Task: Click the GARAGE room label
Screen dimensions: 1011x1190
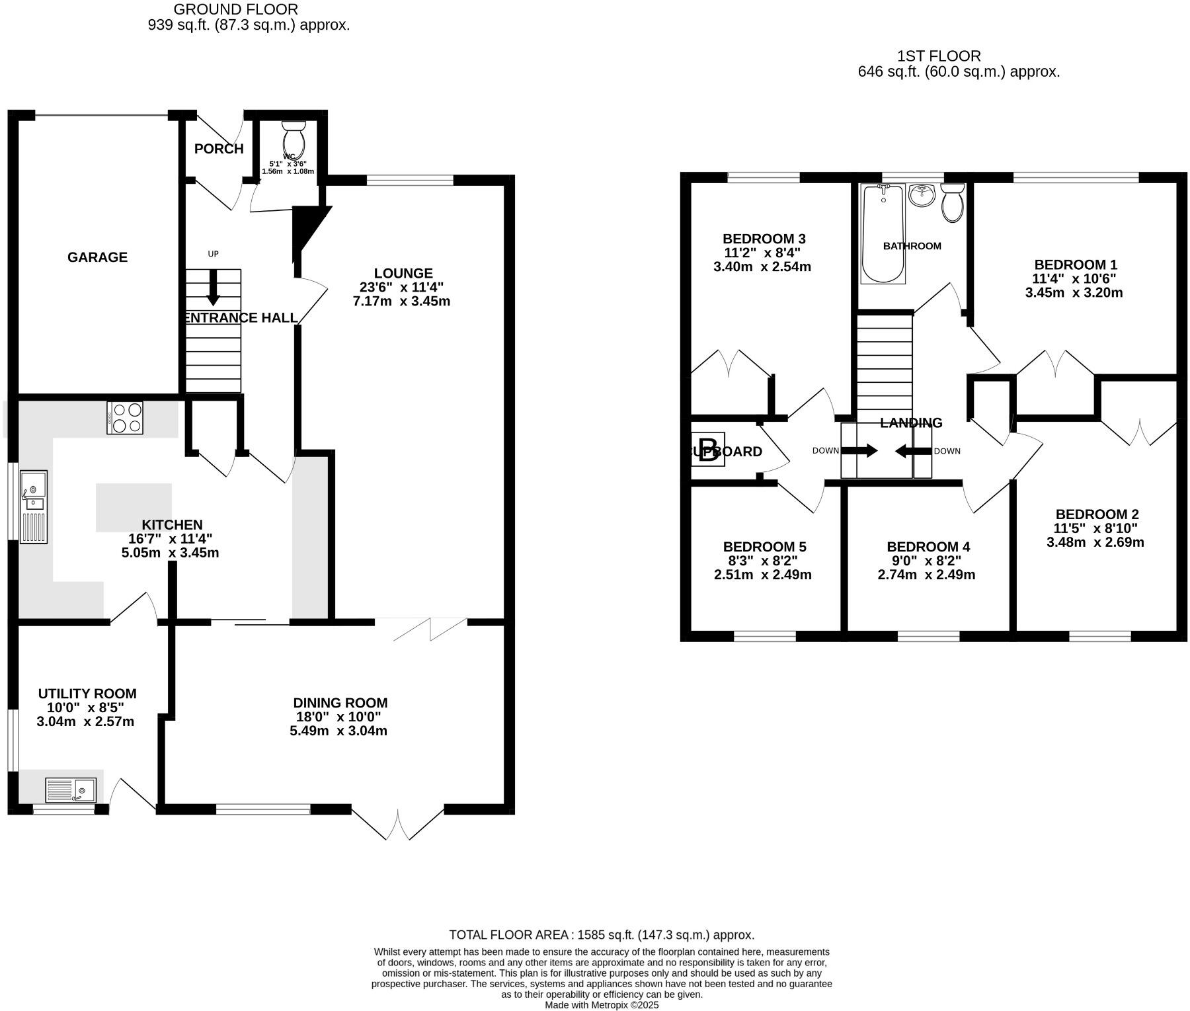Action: tap(97, 257)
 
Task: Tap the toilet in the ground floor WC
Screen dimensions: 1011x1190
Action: tap(293, 140)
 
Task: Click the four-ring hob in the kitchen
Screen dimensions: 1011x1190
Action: tap(125, 418)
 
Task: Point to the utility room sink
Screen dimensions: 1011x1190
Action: tap(71, 789)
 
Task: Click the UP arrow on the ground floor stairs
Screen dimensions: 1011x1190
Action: tap(213, 287)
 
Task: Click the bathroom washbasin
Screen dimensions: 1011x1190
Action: tap(922, 194)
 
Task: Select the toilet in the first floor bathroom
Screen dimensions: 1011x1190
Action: tap(953, 202)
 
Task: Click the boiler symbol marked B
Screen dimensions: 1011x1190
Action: tap(708, 450)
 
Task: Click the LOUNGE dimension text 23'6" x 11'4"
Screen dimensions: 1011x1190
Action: tap(402, 287)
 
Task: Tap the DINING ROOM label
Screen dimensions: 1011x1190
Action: tap(340, 703)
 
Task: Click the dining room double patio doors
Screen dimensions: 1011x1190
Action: tap(398, 823)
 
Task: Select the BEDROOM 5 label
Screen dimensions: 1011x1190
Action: tap(764, 547)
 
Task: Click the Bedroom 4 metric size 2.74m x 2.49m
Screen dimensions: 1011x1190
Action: tap(926, 575)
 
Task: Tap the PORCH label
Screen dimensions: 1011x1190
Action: tap(219, 149)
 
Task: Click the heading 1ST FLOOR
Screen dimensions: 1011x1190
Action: tap(939, 56)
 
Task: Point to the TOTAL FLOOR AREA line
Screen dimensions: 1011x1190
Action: tap(601, 935)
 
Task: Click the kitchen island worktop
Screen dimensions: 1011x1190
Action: tap(134, 507)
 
